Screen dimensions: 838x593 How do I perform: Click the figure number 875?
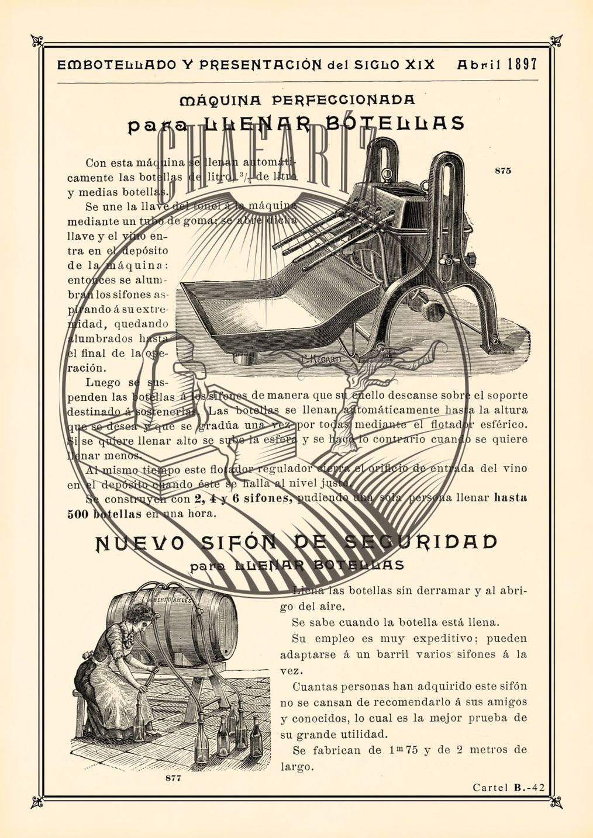point(502,171)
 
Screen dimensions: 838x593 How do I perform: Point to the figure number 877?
point(173,778)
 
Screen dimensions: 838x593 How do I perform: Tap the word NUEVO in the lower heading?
point(140,543)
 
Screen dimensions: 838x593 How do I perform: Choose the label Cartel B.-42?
point(508,787)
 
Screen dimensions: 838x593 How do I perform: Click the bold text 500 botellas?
point(104,514)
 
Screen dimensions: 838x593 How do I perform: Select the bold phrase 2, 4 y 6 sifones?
point(243,498)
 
